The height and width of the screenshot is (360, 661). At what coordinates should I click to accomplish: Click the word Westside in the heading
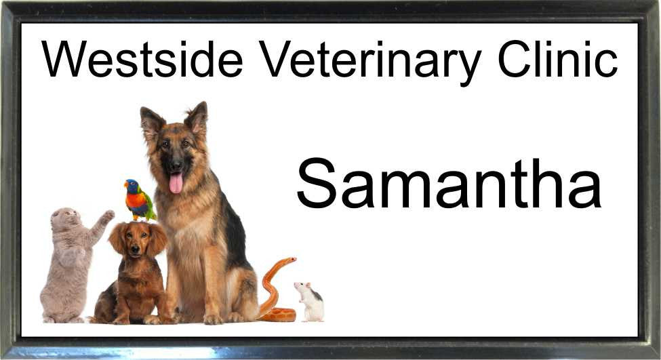tap(142, 59)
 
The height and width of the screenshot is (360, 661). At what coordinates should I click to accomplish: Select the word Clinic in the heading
tap(558, 59)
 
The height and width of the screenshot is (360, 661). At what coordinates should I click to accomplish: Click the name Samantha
tap(449, 183)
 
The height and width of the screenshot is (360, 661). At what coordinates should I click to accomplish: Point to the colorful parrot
tap(139, 200)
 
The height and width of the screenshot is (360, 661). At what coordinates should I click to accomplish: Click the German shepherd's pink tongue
tap(176, 183)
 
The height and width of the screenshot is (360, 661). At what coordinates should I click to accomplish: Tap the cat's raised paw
tap(108, 215)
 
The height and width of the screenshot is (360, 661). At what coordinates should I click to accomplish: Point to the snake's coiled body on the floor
tap(277, 315)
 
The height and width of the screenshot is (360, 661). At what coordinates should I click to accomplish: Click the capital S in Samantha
tap(317, 183)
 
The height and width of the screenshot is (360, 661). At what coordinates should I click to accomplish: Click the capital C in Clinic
tap(515, 59)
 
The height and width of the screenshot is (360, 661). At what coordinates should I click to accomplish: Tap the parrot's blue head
tap(132, 186)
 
